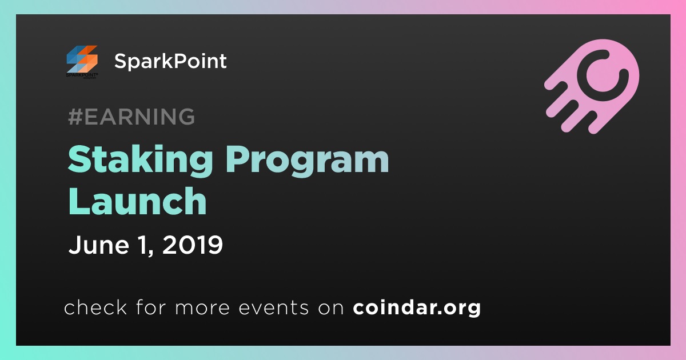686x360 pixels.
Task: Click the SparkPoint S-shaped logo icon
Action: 82,59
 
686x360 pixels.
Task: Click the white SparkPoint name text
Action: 170,61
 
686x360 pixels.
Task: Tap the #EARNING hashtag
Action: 131,117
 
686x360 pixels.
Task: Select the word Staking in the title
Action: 140,161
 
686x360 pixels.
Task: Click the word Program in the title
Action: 307,161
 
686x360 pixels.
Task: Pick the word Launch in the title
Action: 137,201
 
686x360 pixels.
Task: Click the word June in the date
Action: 98,245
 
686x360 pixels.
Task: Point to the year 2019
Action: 192,245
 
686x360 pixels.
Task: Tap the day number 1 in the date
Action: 143,245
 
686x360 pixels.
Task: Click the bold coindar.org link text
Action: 417,308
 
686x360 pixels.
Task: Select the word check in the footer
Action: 95,307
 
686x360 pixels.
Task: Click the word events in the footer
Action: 273,308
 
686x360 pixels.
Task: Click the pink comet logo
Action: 592,86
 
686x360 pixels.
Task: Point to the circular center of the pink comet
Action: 603,76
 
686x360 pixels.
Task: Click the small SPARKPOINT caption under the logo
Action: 82,75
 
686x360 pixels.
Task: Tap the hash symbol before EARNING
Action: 75,117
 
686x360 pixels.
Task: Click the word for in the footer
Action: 151,307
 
